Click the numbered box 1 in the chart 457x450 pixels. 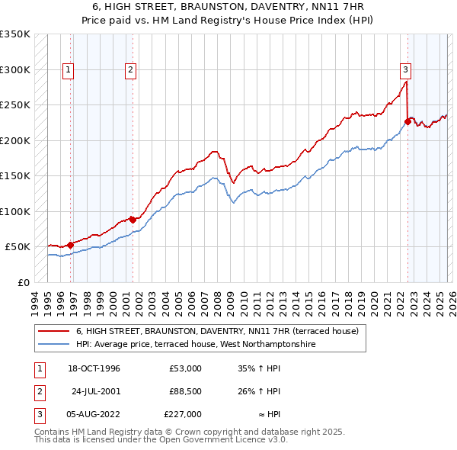[69, 70]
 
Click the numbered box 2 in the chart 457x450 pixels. [131, 70]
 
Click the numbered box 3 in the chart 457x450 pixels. [406, 70]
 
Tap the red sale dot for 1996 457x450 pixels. [71, 245]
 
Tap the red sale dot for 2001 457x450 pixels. [133, 220]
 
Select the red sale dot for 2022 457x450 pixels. [407, 121]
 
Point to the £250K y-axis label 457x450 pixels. [15, 105]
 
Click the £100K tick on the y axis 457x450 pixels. [15, 211]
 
